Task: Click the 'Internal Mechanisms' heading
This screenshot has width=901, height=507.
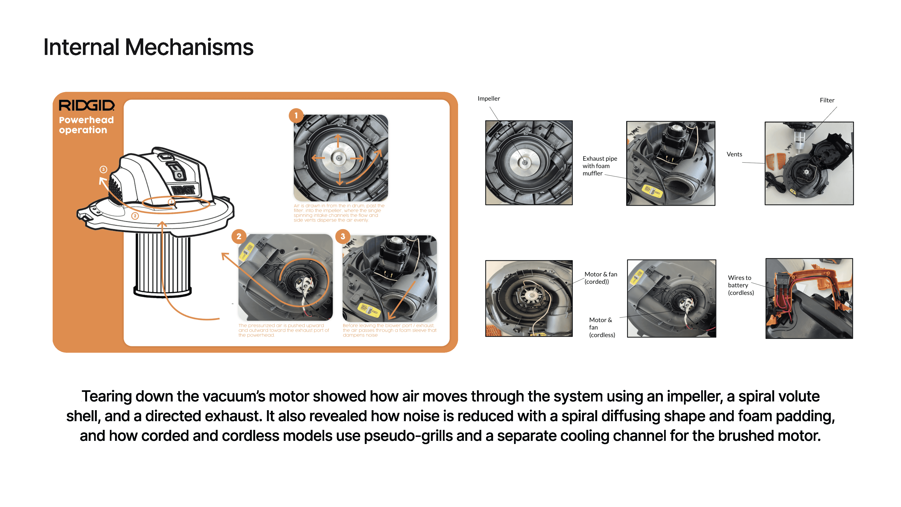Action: (x=148, y=47)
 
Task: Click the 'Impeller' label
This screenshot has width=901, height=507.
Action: (x=489, y=99)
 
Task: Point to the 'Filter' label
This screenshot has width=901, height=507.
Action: (x=827, y=100)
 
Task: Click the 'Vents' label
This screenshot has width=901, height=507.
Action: (x=734, y=154)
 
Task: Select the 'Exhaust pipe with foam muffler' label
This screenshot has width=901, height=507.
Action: (x=599, y=166)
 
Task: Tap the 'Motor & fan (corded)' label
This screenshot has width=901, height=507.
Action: (x=600, y=278)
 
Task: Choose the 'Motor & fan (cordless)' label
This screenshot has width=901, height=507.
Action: (x=601, y=327)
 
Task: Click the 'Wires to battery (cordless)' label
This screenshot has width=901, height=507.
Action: (x=740, y=285)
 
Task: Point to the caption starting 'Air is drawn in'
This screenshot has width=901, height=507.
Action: (x=339, y=213)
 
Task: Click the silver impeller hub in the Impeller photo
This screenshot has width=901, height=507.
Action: (x=524, y=162)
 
